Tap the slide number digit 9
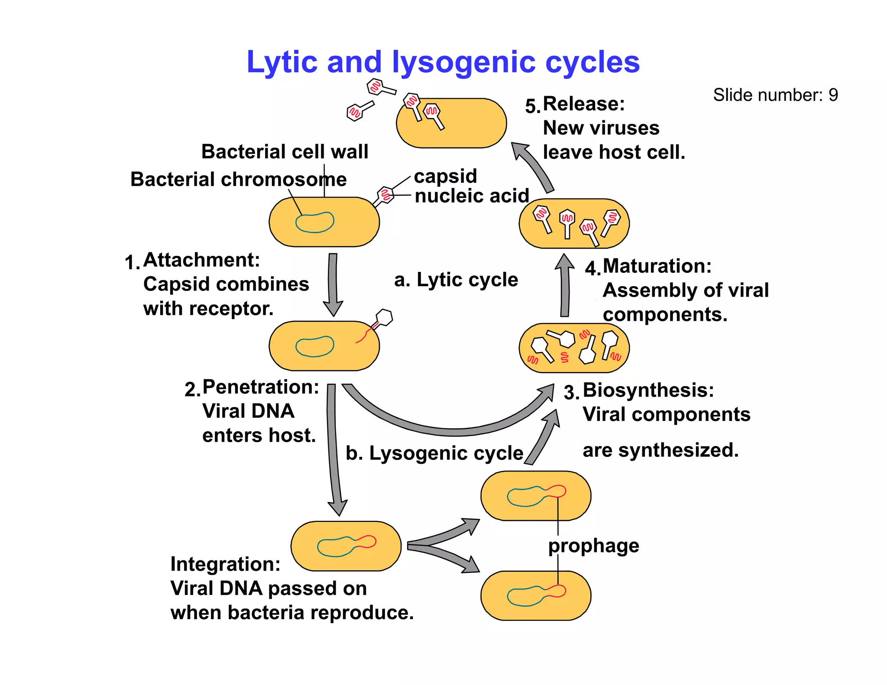coord(833,95)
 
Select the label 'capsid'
coord(445,176)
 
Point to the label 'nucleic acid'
coord(472,196)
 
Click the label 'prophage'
coord(593,546)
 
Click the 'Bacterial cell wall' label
coord(285,152)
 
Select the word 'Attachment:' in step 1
coord(202,260)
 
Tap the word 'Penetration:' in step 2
coord(261,387)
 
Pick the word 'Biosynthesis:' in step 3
coord(648,390)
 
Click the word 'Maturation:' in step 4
coord(657,266)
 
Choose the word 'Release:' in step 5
coord(584,104)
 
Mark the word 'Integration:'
coord(225,564)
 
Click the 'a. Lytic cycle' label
coord(456,280)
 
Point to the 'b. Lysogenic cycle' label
coord(434,453)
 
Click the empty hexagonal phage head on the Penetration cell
coord(384,317)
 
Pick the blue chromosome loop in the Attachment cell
coord(315,223)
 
